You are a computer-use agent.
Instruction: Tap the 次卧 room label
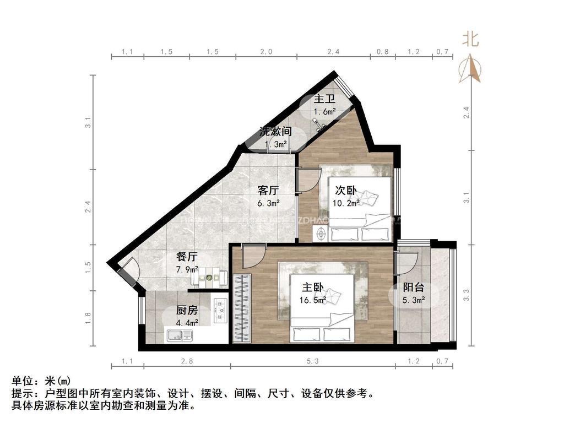pos(346,191)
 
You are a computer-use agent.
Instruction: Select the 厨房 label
pos(187,310)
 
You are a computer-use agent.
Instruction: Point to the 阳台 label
pos(414,288)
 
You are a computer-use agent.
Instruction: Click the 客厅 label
pos(268,191)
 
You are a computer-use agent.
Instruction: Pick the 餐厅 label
pos(187,257)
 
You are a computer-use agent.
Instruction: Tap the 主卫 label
pos(324,100)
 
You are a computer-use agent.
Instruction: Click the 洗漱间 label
pos(275,132)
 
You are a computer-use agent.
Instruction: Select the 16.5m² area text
pos(313,301)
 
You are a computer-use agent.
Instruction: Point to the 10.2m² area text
pos(346,203)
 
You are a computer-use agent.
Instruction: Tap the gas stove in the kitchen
pos(220,310)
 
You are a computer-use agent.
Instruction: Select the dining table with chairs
pos(209,277)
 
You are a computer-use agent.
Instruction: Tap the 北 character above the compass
pos(470,39)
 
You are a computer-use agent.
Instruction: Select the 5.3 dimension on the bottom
pos(312,361)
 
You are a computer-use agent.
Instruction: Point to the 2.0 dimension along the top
pos(266,52)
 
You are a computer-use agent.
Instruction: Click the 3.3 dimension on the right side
pos(467,295)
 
